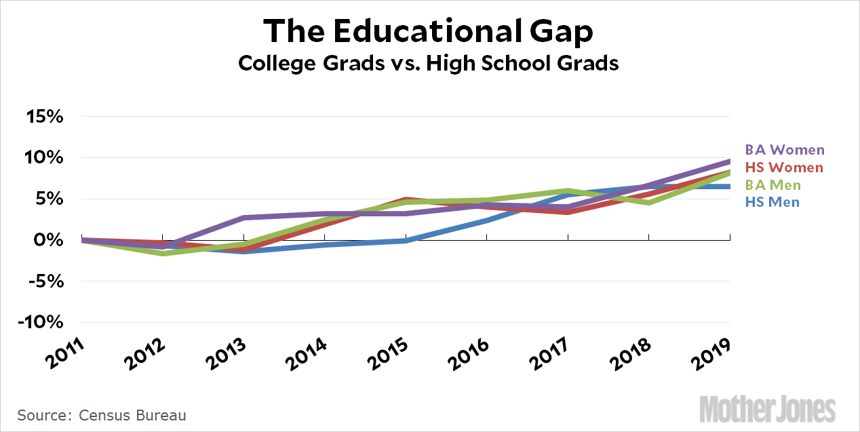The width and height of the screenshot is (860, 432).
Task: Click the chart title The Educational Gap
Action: [428, 31]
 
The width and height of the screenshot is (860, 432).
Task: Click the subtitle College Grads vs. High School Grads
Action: [428, 64]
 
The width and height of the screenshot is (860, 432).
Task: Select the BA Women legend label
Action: [785, 150]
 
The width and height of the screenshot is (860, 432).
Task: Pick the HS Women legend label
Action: [784, 168]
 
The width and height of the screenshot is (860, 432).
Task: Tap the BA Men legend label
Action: [773, 185]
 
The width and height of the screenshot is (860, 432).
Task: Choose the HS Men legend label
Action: [772, 202]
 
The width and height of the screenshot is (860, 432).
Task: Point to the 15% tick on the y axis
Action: [44, 117]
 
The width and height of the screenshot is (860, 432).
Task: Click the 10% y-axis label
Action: [44, 158]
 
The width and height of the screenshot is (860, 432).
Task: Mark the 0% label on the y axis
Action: [49, 240]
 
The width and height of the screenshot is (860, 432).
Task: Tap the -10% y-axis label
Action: [41, 322]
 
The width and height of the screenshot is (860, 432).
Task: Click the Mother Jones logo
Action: [767, 409]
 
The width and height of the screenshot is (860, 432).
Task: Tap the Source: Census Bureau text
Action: [102, 415]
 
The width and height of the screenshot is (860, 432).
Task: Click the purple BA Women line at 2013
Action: [243, 218]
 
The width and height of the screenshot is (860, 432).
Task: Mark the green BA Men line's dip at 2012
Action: [162, 253]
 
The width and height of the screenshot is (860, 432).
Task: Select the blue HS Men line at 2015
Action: [405, 240]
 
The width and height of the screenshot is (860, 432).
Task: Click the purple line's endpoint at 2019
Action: [729, 161]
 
